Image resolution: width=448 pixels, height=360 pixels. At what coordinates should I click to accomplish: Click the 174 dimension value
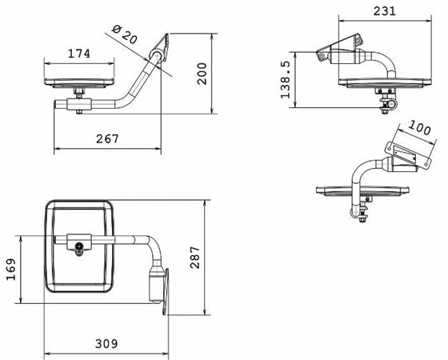pos(78,54)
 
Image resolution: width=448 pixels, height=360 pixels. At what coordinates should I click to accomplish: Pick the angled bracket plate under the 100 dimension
pos(405,157)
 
